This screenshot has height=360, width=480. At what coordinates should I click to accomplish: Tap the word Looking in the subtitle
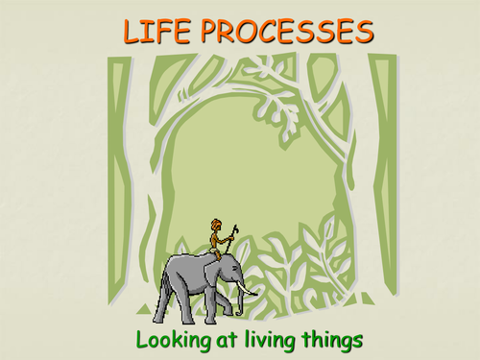tap(174, 339)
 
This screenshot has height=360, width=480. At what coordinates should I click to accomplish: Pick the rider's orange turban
tap(215, 224)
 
